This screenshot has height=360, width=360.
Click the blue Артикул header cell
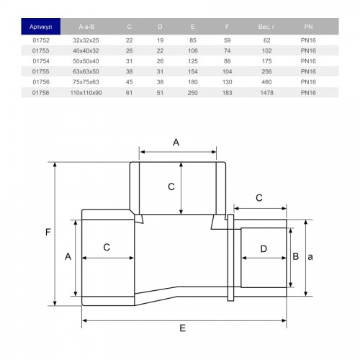(x=40, y=27)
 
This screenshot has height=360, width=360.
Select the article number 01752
(x=41, y=40)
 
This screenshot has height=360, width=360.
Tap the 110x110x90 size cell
(x=86, y=93)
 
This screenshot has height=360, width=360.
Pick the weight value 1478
(x=266, y=93)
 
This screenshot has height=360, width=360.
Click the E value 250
(x=193, y=93)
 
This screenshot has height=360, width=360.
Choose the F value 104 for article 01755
(x=227, y=71)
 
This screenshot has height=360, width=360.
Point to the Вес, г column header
(x=266, y=27)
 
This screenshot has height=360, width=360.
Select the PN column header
(x=308, y=27)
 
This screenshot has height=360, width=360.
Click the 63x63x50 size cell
(x=86, y=71)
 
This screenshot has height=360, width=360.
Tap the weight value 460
(x=266, y=82)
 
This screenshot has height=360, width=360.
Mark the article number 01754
(x=41, y=61)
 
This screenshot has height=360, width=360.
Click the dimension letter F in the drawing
(x=48, y=232)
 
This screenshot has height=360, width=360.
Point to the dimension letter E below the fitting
(x=183, y=328)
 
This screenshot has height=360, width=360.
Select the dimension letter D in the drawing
(x=264, y=249)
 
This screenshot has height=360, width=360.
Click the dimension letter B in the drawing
(x=296, y=256)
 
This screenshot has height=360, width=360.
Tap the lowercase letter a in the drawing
(x=310, y=257)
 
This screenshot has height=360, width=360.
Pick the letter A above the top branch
(x=176, y=143)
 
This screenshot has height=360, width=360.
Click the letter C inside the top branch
(x=171, y=186)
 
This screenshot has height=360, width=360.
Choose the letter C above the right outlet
(x=259, y=198)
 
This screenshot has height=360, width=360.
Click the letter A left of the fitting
(x=68, y=256)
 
